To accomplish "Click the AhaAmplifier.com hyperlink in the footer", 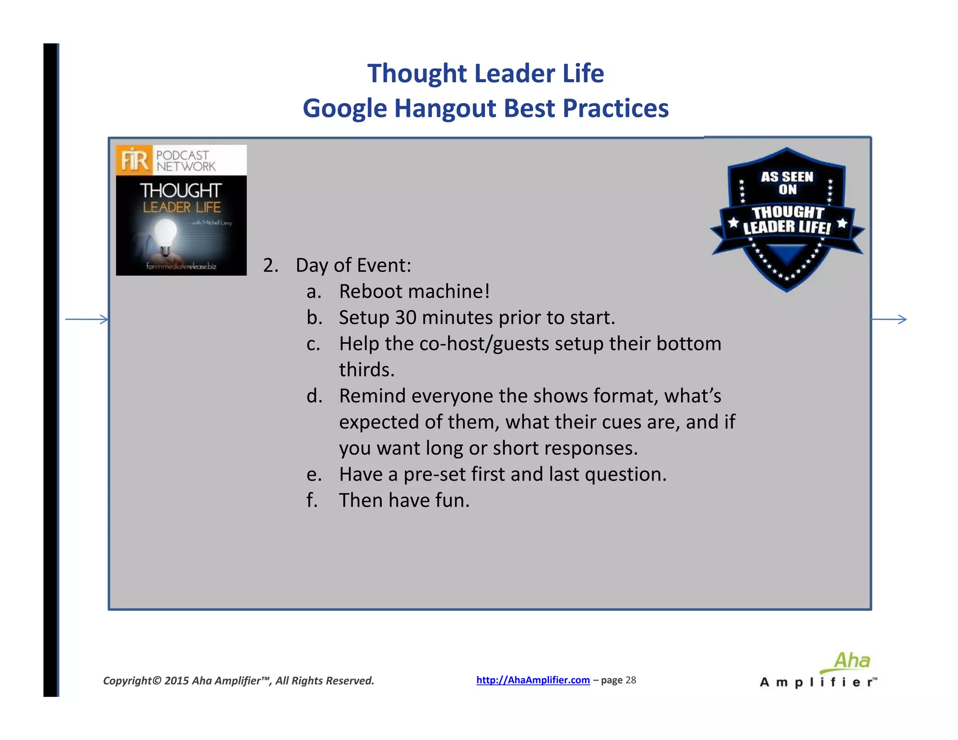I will [x=533, y=680].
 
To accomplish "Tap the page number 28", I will [x=631, y=680].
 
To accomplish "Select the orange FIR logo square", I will [x=134, y=160].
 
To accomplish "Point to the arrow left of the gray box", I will [x=87, y=319].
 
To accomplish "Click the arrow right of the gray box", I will [x=889, y=319].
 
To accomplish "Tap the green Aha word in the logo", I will [x=852, y=661].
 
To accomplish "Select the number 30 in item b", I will [x=406, y=318].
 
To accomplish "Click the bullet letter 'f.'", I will [x=312, y=500].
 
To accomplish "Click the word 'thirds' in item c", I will [x=366, y=370].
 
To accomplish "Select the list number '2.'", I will [x=270, y=266].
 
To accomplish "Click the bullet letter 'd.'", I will [x=314, y=396].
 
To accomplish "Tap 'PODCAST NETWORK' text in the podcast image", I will [x=186, y=161].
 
